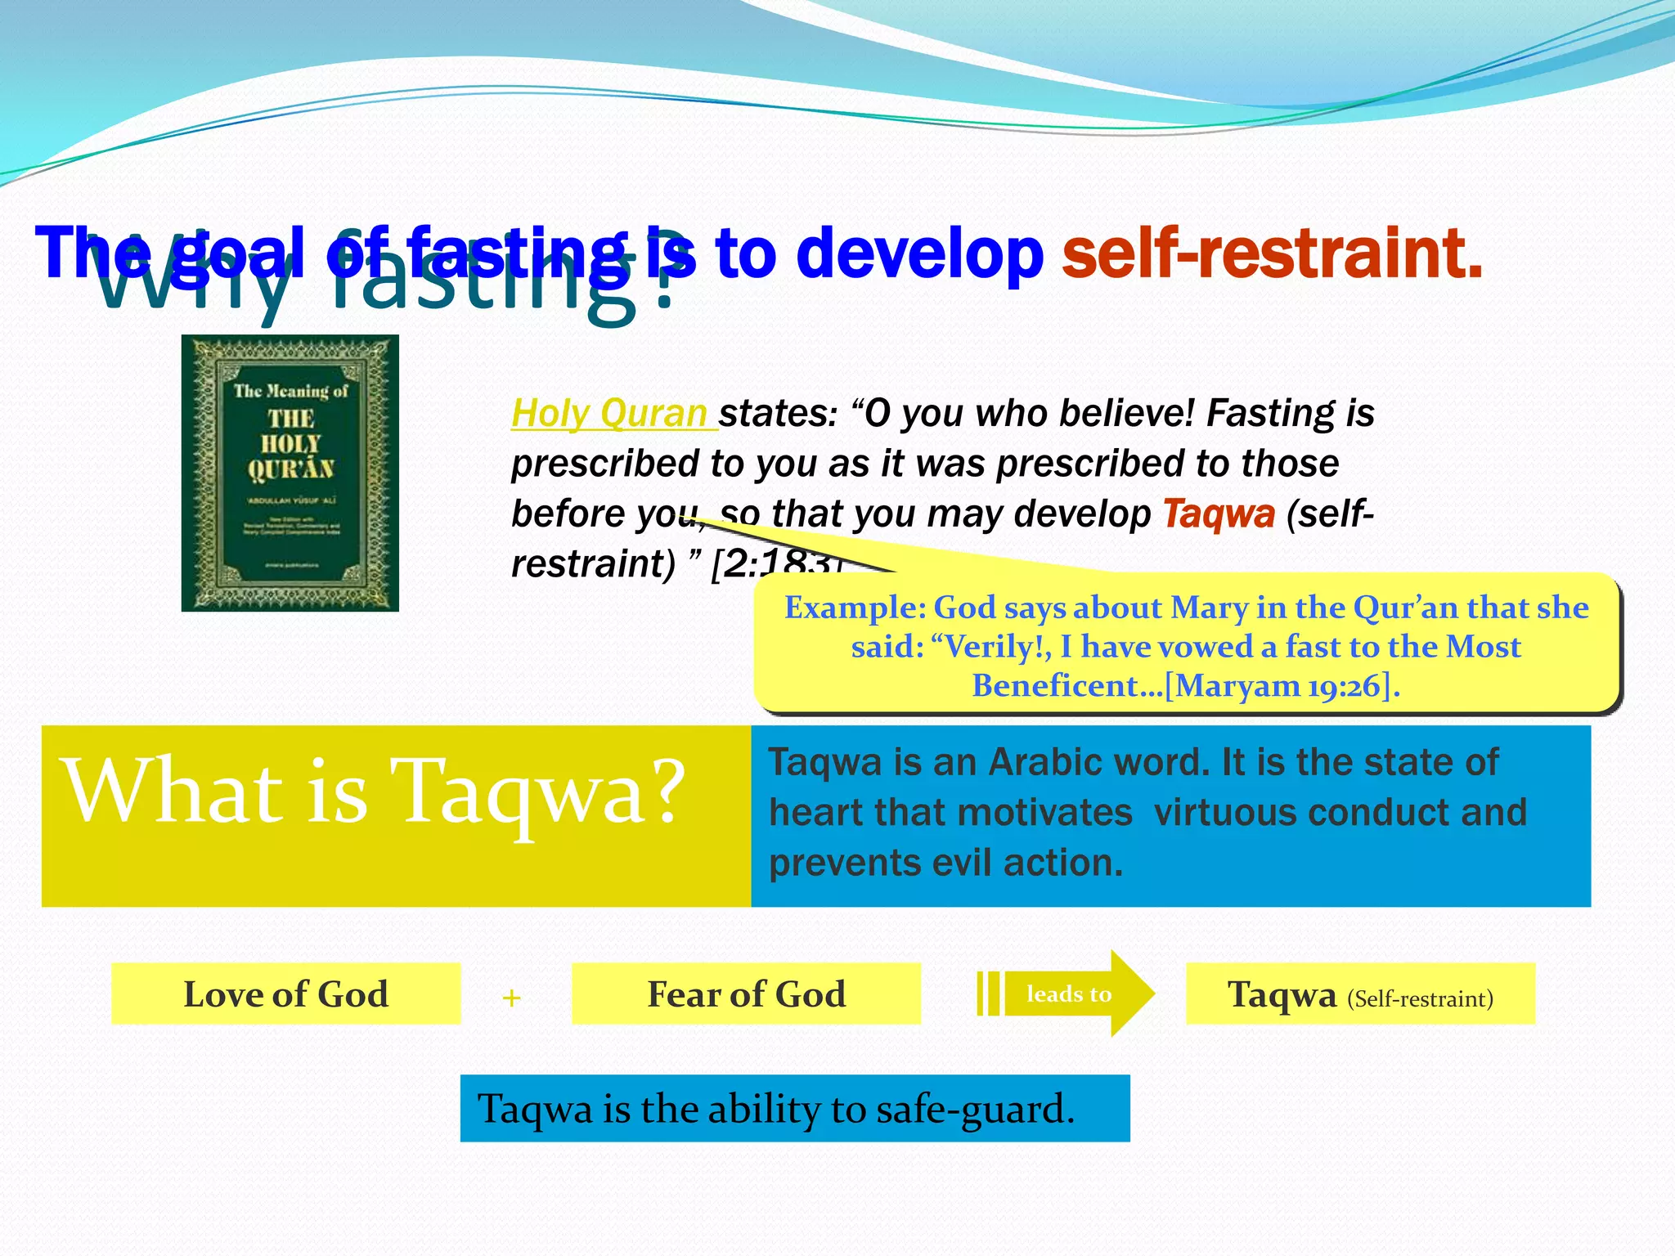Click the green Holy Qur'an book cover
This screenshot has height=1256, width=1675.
[x=290, y=473]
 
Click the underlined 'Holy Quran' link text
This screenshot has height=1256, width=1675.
[x=610, y=414]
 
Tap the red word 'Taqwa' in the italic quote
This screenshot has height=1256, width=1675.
[x=1219, y=514]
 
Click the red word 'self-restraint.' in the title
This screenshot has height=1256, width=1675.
[x=1272, y=253]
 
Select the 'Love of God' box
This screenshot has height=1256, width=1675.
[x=285, y=994]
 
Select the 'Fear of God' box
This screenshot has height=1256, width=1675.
[x=746, y=994]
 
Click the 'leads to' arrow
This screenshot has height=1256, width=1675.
[x=1068, y=994]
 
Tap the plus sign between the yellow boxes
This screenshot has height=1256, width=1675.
[x=512, y=998]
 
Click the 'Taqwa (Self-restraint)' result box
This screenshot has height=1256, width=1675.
[x=1359, y=994]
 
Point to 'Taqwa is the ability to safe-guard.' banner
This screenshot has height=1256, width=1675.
[x=794, y=1109]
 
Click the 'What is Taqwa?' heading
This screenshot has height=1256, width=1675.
[x=375, y=792]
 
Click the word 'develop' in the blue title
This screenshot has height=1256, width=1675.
[x=919, y=253]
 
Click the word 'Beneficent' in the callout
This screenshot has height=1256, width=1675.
[x=1055, y=686]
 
